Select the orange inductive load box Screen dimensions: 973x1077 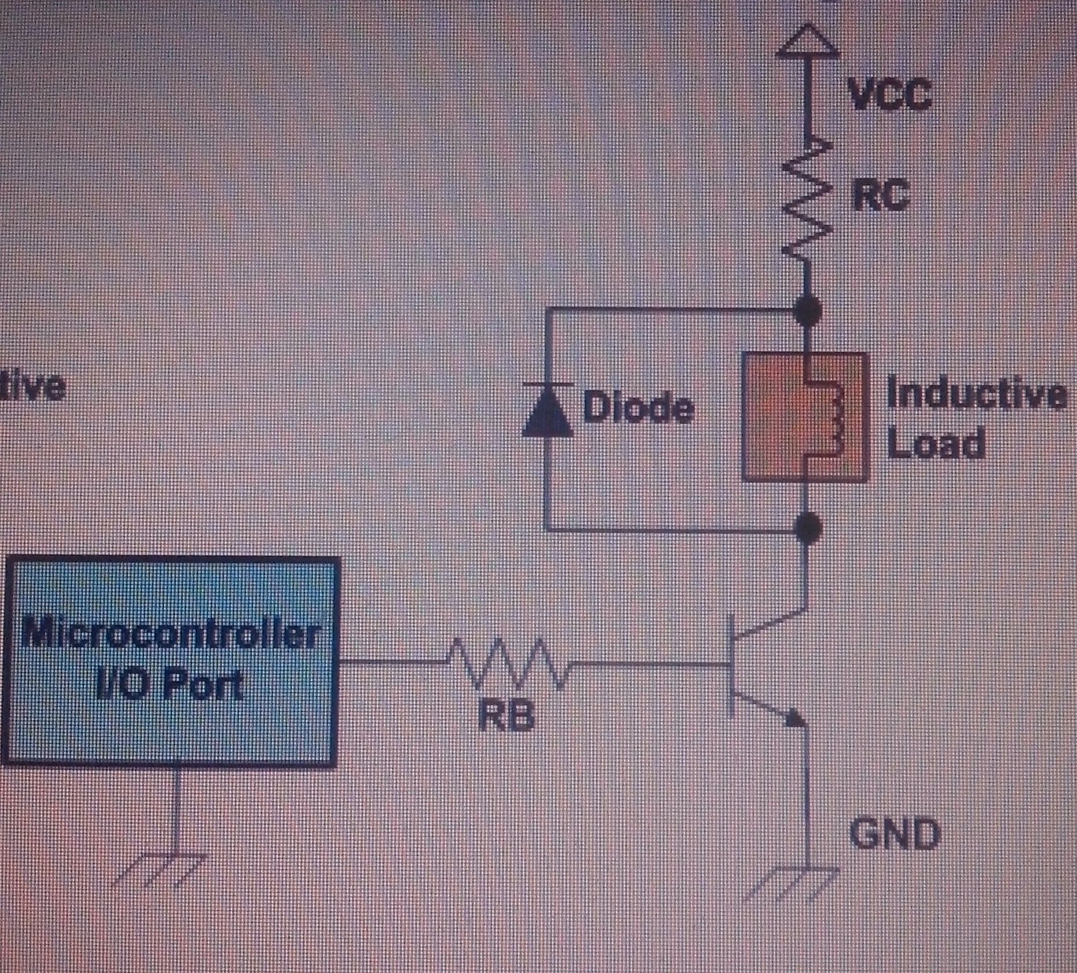click(806, 417)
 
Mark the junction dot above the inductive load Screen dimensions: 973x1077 click(808, 311)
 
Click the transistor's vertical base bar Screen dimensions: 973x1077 click(731, 664)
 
